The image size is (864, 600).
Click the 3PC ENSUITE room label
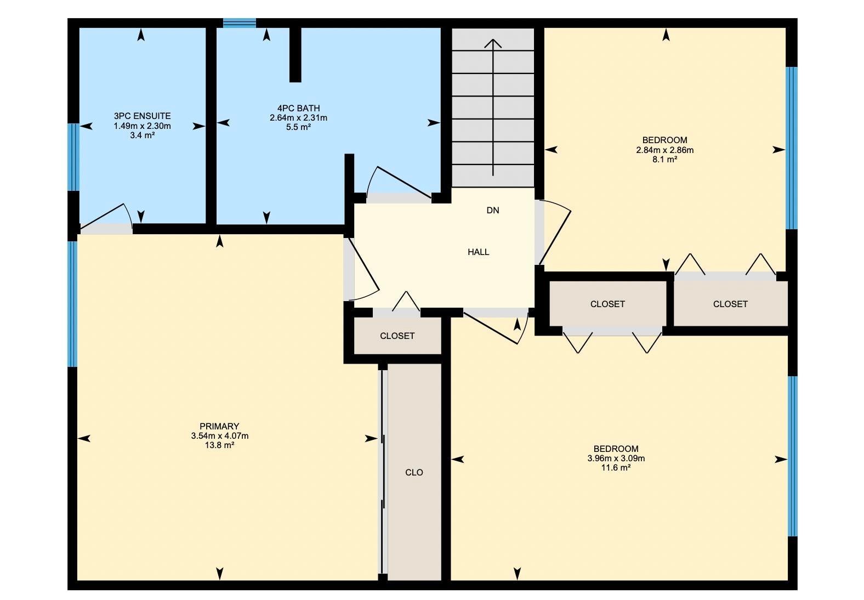point(142,116)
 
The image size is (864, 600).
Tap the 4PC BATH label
point(299,109)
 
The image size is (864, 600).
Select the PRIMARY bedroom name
point(219,426)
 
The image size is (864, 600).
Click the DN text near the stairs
point(493,210)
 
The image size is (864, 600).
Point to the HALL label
point(478,252)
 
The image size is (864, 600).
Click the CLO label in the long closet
point(414,472)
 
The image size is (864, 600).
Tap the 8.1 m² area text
point(664,160)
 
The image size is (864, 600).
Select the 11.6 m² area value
point(616,468)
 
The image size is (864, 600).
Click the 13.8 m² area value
point(219,445)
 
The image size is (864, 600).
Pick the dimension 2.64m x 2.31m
point(299,118)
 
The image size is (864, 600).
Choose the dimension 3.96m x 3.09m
point(616,459)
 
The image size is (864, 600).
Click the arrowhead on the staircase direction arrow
point(493,43)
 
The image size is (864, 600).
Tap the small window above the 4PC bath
point(240,23)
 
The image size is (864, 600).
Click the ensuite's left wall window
point(73,157)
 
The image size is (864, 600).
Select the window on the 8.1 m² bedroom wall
point(792,148)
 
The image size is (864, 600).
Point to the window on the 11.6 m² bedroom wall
point(792,456)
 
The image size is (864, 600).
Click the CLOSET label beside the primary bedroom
point(397,336)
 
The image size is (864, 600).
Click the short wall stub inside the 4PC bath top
point(295,55)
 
